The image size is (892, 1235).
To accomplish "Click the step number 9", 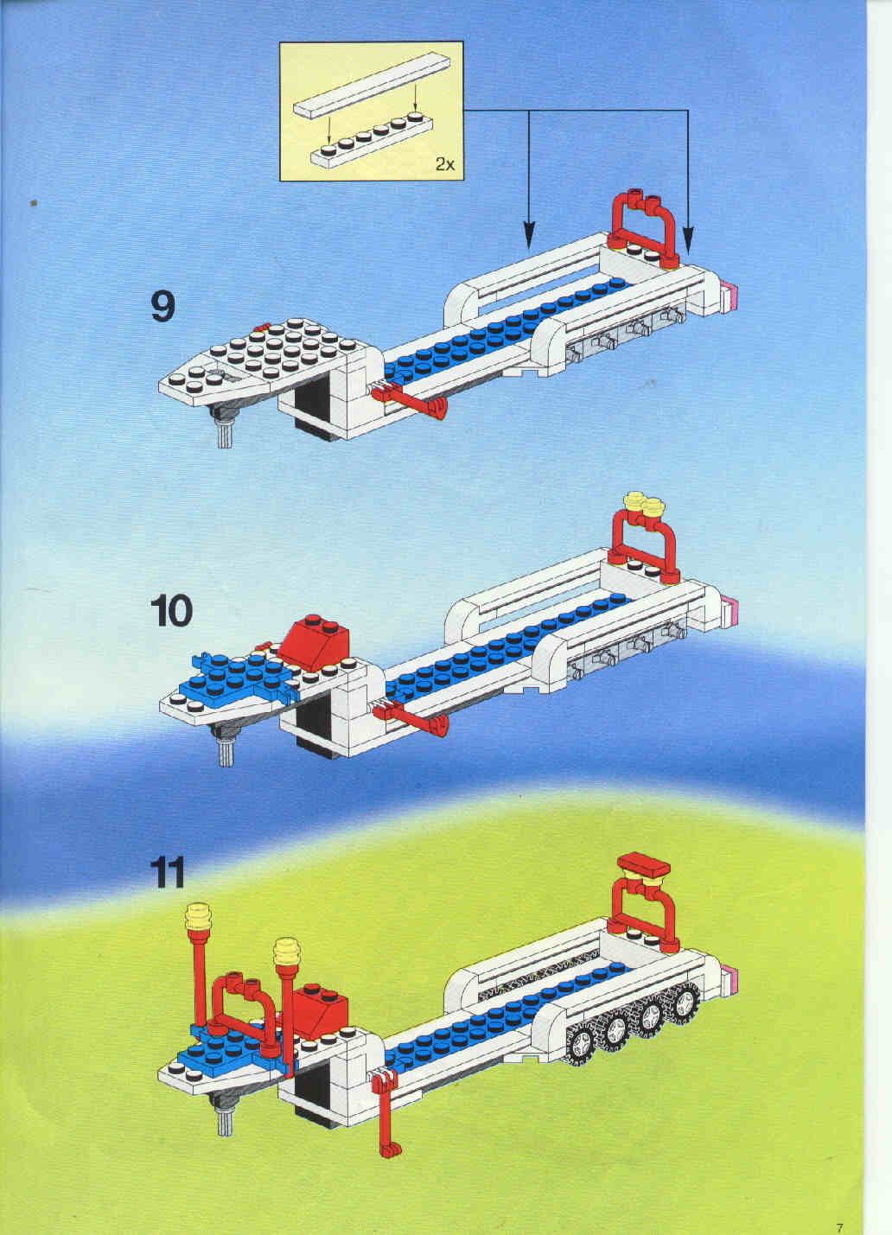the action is pyautogui.click(x=163, y=307).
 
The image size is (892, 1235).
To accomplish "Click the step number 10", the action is pyautogui.click(x=171, y=611).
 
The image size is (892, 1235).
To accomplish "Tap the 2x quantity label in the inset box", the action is pyautogui.click(x=445, y=163).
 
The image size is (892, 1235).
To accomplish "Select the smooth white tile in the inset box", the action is pyautogui.click(x=371, y=86).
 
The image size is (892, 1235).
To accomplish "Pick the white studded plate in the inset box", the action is pyautogui.click(x=372, y=141).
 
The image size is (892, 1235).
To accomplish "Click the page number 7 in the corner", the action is pyautogui.click(x=839, y=1213).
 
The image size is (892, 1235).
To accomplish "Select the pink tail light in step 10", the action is pyautogui.click(x=730, y=611).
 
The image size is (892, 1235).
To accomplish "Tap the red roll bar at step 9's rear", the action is pyautogui.click(x=643, y=229).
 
